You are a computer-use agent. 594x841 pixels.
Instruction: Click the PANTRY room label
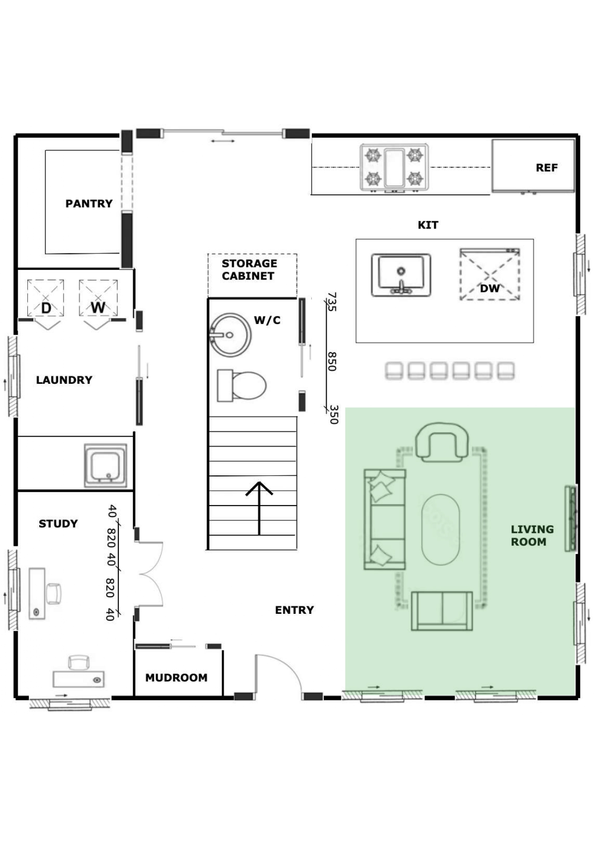point(89,204)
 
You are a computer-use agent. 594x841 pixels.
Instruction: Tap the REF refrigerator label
point(547,168)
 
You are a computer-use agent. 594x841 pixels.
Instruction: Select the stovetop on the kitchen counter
point(394,168)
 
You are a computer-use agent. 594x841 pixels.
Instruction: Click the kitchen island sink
point(401,275)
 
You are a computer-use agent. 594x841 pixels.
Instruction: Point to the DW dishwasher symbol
point(490,275)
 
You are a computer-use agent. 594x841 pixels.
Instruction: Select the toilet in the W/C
point(241,385)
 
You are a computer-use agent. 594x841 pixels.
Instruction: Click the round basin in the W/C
point(230,335)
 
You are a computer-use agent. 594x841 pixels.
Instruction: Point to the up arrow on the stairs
point(259,508)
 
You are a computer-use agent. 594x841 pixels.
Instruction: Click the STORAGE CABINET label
point(249,270)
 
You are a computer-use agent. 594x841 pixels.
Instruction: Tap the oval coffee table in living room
point(441,530)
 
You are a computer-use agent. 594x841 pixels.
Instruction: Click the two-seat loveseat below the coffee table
point(442,611)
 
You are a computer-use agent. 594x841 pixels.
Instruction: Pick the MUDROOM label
point(176,678)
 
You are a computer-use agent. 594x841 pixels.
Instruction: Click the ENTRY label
point(294,610)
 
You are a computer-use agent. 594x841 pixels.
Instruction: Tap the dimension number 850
point(332,361)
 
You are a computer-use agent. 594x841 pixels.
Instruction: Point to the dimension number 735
point(332,302)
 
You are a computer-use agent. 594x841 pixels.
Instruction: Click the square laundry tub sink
point(106,465)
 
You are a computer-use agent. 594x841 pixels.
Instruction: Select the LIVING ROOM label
point(532,536)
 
